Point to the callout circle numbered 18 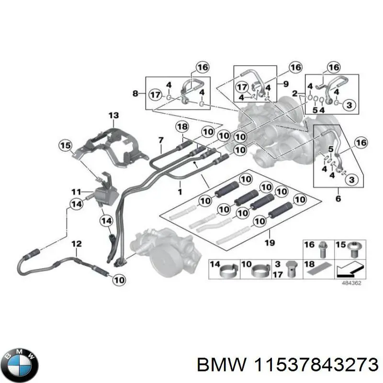[182, 126]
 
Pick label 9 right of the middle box [285, 84]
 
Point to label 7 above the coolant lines [161, 140]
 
